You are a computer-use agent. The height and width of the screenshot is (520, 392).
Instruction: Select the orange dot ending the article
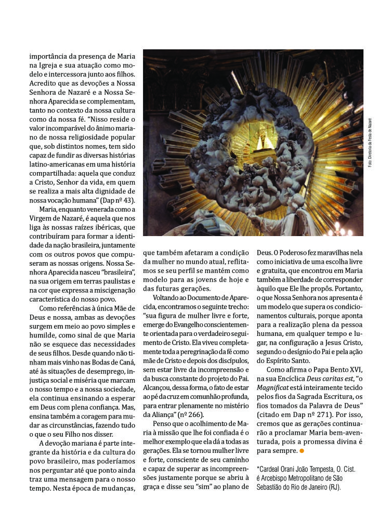click(302, 450)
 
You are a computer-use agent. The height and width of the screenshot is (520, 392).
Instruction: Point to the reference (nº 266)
click(190, 414)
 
